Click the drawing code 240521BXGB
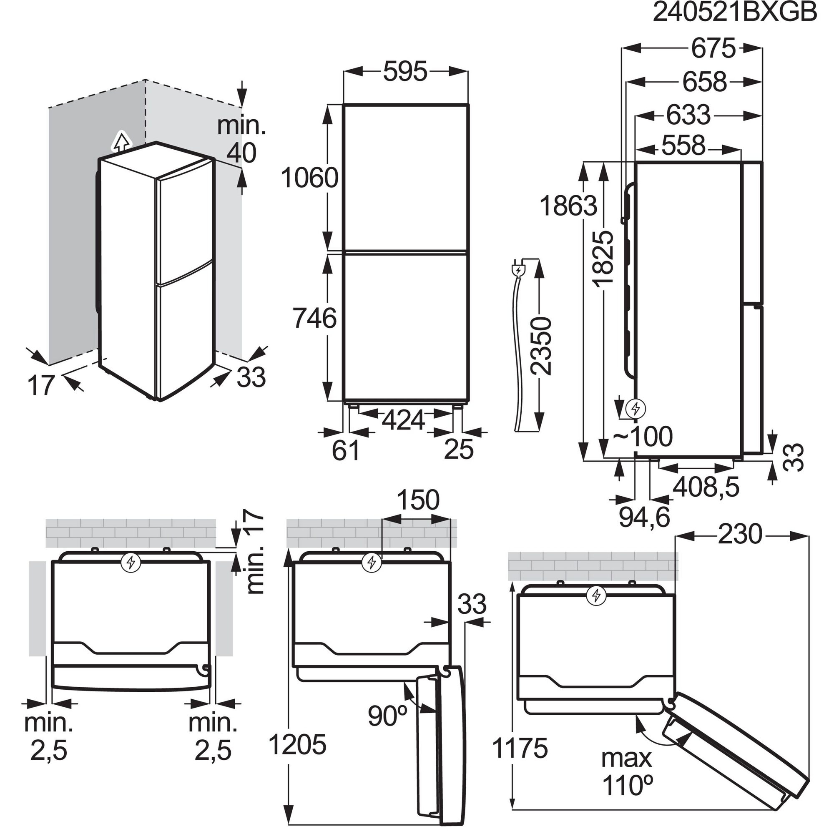(735, 13)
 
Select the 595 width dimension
(405, 72)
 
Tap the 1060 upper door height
(309, 178)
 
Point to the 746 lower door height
(314, 318)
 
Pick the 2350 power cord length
(541, 346)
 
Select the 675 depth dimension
(713, 48)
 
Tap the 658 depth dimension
(704, 82)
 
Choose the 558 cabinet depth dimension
(683, 146)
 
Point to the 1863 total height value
(568, 206)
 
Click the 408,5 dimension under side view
(706, 487)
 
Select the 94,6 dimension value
(645, 517)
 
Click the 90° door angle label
(388, 716)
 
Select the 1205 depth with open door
(297, 744)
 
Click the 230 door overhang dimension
(740, 535)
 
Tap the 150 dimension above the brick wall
(417, 500)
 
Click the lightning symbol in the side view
(635, 408)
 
